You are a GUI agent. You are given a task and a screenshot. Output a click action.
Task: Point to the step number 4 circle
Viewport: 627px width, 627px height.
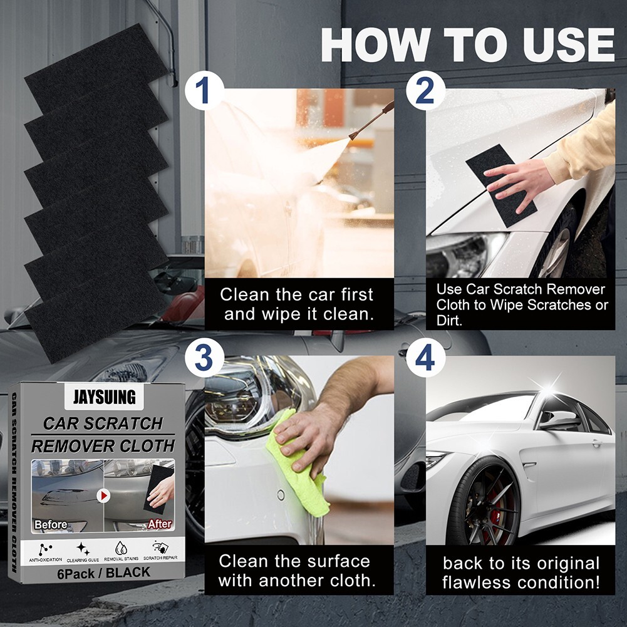coord(425,359)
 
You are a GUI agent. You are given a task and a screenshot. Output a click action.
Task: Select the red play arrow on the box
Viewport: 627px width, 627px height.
coord(103,495)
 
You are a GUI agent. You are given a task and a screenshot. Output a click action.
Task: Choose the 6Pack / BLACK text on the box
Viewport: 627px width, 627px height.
coord(103,572)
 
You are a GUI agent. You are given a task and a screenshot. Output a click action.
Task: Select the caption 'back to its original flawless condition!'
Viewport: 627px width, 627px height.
coord(521,572)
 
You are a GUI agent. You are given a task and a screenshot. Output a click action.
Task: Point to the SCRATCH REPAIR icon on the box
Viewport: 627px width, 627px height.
coord(161,547)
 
